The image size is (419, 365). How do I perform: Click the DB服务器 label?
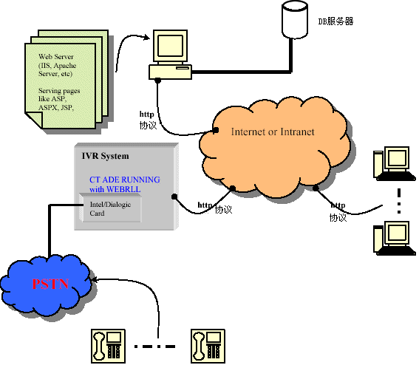point(335,21)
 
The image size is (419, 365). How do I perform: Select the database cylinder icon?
point(295,19)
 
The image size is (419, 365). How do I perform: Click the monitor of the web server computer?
point(170,46)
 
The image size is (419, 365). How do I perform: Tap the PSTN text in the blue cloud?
point(50,284)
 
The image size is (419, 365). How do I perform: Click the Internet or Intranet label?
point(273,132)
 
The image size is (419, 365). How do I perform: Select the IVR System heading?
point(105,156)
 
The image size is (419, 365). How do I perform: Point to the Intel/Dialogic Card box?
point(110,208)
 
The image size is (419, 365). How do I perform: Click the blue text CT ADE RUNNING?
point(125,180)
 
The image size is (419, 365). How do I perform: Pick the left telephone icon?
point(108,346)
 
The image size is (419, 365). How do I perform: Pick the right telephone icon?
point(208,346)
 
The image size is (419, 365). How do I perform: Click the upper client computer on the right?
point(395,163)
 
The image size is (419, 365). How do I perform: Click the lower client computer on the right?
point(395,238)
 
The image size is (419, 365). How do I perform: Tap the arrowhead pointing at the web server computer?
point(147,37)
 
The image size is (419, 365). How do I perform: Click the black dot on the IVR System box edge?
point(174,197)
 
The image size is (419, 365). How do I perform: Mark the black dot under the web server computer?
point(158,80)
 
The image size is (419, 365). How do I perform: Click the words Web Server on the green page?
point(56,57)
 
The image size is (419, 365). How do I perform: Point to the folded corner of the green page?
point(34,119)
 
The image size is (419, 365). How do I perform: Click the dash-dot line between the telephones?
point(154,347)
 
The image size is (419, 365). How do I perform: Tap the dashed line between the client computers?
point(399,201)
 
